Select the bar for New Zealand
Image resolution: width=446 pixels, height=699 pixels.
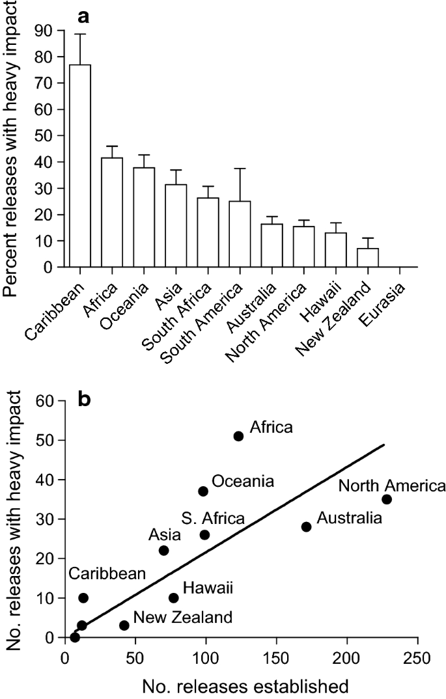pos(368,258)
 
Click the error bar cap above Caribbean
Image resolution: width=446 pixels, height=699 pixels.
pos(80,34)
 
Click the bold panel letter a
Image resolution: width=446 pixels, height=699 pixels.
pos(84,14)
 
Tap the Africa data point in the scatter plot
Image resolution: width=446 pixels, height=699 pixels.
pos(238,436)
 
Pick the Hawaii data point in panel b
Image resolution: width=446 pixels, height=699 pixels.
pos(174,597)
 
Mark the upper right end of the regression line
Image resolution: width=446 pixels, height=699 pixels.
pos(384,445)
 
